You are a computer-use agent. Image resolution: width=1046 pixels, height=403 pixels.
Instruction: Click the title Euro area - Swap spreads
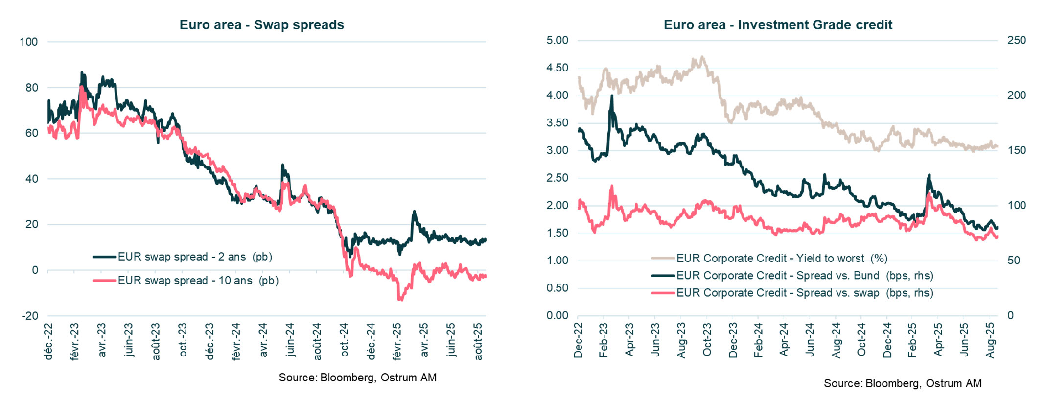click(x=261, y=24)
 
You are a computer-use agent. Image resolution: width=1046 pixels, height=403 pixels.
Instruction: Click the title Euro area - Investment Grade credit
click(x=778, y=24)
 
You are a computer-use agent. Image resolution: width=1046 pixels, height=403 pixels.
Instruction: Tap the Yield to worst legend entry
click(x=781, y=258)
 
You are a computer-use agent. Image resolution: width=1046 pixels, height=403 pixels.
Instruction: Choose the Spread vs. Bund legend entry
click(x=804, y=275)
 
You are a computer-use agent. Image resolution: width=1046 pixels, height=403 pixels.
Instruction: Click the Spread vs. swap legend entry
click(x=804, y=293)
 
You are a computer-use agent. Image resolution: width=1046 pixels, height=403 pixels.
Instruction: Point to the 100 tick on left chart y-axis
click(x=28, y=42)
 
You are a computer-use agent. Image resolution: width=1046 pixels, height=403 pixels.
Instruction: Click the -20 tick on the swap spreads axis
click(x=30, y=316)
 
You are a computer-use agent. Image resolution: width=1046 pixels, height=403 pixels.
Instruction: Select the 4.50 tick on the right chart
click(x=557, y=68)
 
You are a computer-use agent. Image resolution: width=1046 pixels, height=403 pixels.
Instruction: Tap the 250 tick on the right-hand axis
click(x=1016, y=40)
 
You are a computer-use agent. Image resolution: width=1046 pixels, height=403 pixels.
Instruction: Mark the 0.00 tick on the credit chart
click(x=557, y=315)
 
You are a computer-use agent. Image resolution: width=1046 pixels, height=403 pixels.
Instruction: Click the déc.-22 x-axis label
click(x=48, y=341)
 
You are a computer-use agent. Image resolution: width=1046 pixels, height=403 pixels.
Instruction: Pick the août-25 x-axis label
click(x=479, y=341)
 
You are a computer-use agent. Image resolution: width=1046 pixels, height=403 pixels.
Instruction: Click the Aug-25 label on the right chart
click(x=990, y=340)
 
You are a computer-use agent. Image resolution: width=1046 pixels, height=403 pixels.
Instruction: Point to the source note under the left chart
click(x=357, y=378)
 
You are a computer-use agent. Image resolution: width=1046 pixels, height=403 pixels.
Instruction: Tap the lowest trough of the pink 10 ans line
click(x=400, y=299)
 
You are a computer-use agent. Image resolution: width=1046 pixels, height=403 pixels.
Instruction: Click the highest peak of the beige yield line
click(x=702, y=57)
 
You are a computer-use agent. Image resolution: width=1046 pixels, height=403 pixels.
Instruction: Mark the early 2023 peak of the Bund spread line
click(x=611, y=96)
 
